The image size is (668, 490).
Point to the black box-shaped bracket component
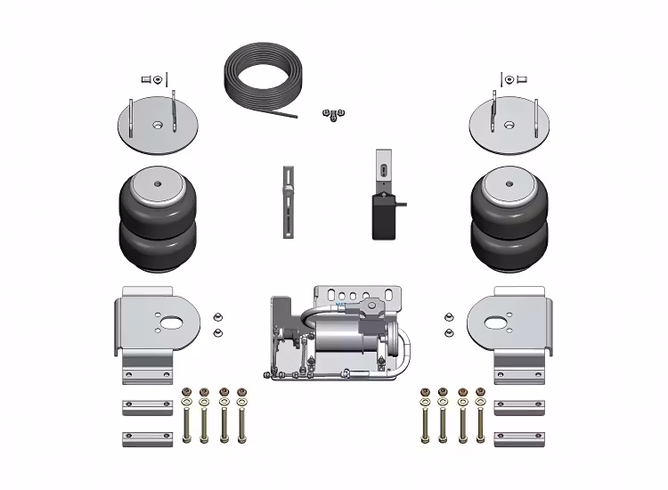coord(387,214)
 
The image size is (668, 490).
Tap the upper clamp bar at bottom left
coord(147,407)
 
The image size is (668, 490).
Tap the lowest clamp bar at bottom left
coord(147,438)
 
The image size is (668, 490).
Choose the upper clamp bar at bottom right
coord(518,407)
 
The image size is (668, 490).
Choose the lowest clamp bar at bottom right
coord(518,438)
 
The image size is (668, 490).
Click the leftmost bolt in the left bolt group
coord(187,414)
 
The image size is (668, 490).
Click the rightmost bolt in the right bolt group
coord(481,414)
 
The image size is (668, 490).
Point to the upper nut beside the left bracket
coord(217,316)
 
